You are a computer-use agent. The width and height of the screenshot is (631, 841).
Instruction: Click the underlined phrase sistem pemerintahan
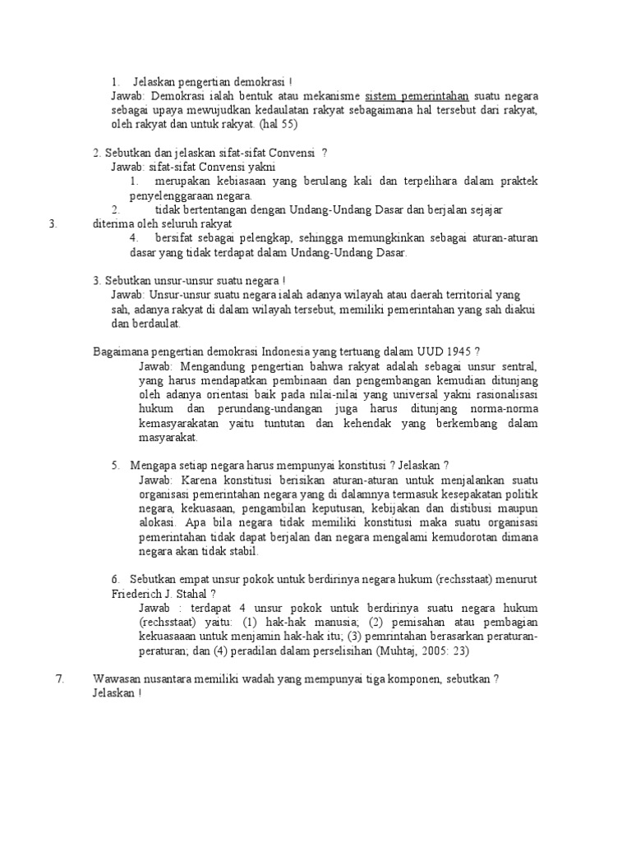[x=414, y=96]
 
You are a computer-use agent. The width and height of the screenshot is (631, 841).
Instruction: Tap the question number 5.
[x=116, y=465]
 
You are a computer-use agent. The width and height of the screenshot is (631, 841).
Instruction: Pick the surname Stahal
[x=201, y=593]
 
